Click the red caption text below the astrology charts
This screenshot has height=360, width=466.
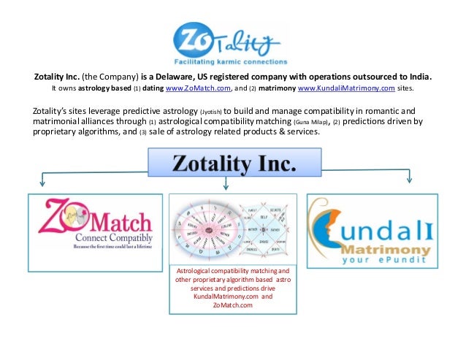point(233,287)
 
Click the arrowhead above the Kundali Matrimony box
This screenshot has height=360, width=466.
point(408,181)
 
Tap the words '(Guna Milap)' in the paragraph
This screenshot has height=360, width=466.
point(309,122)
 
